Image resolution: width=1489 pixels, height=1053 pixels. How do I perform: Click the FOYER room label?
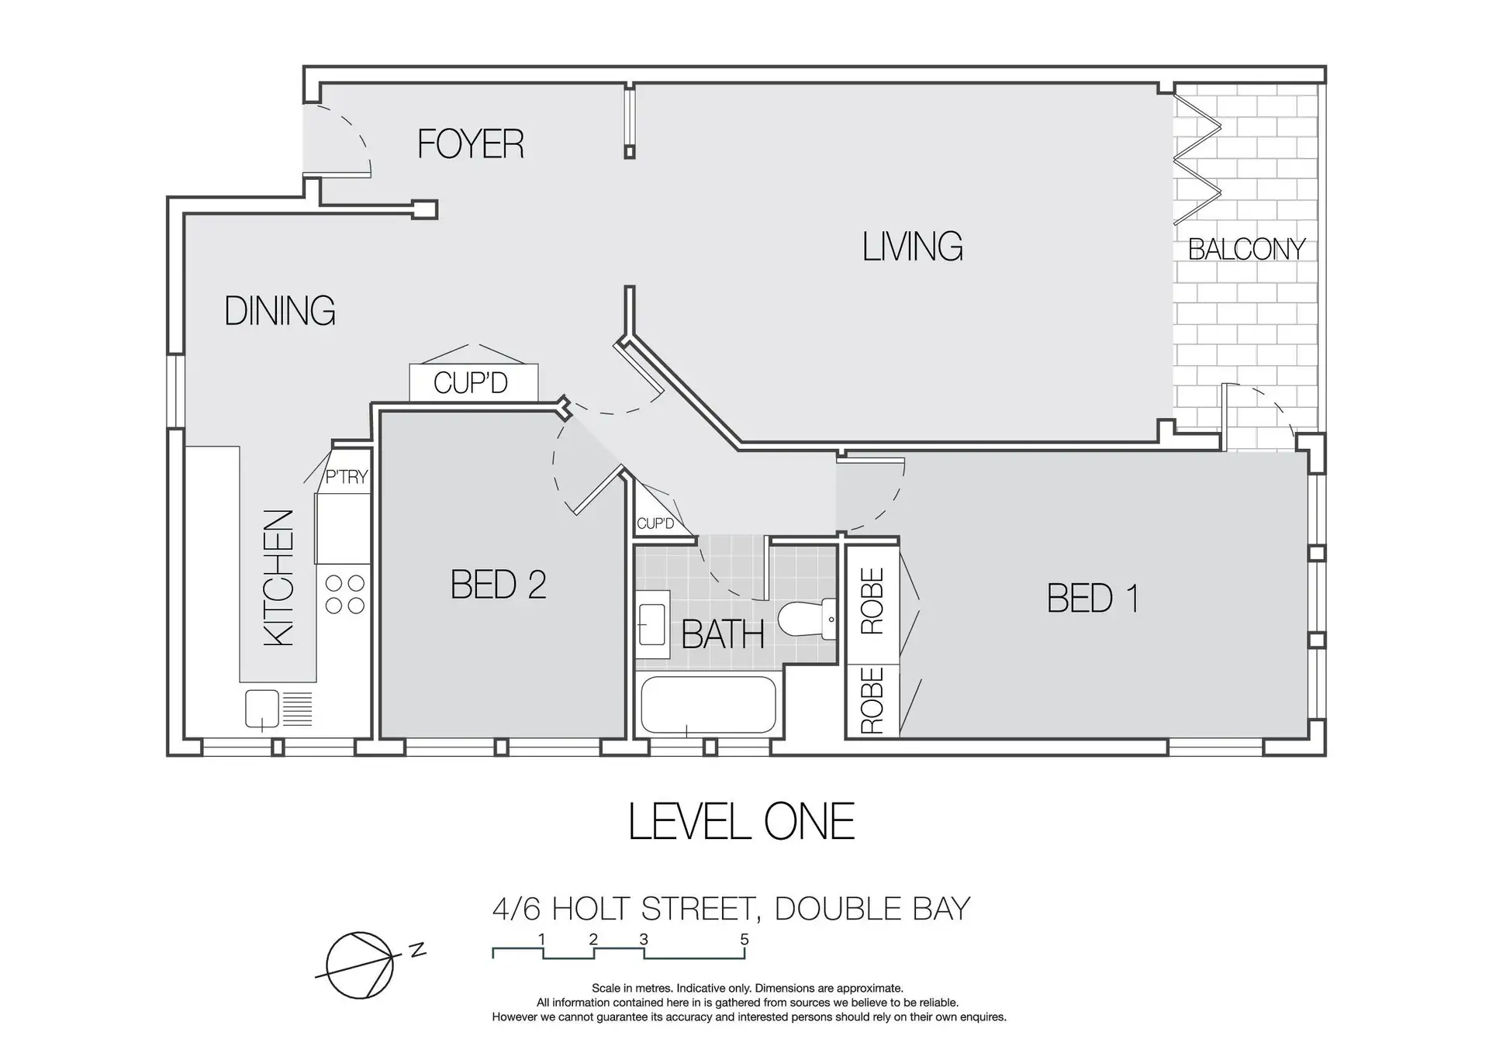(x=471, y=144)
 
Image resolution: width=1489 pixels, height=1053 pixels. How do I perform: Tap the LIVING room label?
(x=913, y=247)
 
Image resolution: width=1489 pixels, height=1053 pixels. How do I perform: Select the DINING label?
(x=280, y=311)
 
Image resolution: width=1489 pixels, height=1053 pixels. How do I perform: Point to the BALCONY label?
(x=1247, y=249)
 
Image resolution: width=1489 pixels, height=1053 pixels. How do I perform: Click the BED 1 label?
(x=1093, y=598)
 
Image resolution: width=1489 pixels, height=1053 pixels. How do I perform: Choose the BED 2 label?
(x=499, y=585)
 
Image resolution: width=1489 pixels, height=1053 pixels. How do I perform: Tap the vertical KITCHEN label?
(x=279, y=578)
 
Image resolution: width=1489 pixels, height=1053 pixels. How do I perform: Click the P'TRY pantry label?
(x=346, y=477)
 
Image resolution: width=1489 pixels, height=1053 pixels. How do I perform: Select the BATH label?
(x=723, y=635)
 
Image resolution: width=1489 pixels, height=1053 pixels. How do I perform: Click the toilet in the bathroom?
(x=807, y=620)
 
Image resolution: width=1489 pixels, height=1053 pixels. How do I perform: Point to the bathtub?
(x=708, y=705)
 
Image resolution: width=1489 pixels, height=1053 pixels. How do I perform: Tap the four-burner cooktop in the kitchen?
(x=345, y=594)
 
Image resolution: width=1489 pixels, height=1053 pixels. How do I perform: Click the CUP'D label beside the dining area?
(x=471, y=383)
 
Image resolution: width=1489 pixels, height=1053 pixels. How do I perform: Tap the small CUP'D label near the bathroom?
(x=655, y=523)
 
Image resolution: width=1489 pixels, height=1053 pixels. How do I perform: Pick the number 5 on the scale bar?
(x=744, y=940)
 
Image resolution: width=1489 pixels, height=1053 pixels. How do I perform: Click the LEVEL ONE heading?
(x=741, y=822)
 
